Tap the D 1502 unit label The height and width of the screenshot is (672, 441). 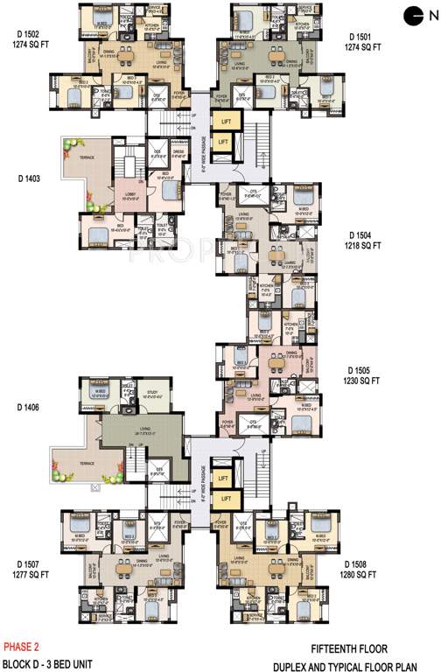tap(25, 36)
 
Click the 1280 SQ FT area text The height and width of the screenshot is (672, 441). tap(360, 575)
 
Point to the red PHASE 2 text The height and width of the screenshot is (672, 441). tap(23, 647)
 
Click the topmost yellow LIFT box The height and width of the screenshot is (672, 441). tap(225, 121)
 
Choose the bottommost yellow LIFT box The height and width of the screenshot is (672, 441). tap(225, 500)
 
